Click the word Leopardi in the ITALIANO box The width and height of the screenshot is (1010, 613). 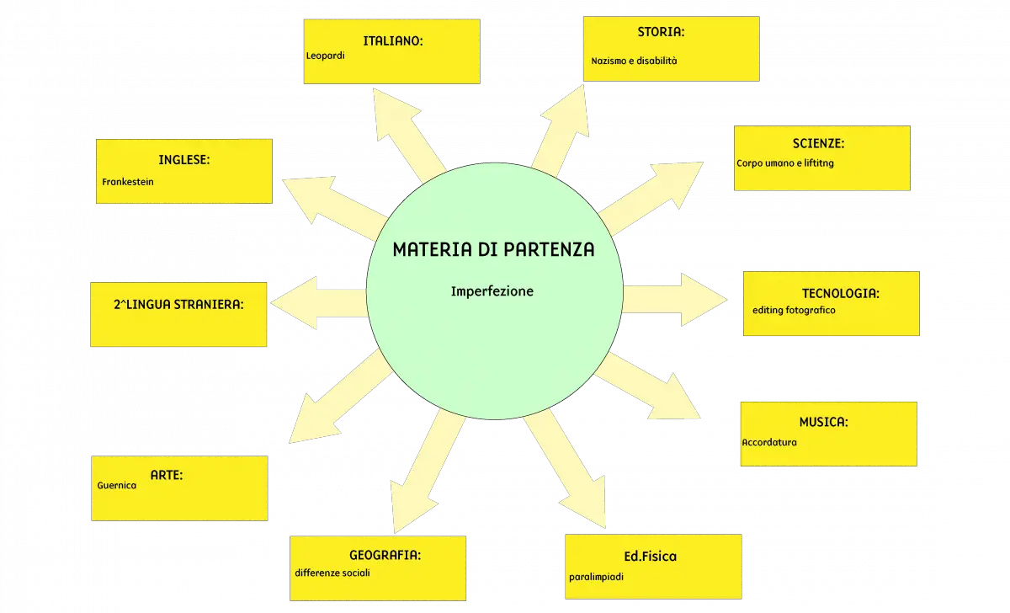click(x=325, y=56)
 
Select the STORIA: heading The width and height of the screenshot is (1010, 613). click(x=661, y=32)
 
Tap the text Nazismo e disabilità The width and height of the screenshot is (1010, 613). click(x=634, y=61)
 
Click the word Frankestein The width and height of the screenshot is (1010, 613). click(x=128, y=182)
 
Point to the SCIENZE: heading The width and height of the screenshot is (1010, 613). click(x=818, y=143)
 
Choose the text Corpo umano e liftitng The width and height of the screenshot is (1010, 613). click(x=785, y=163)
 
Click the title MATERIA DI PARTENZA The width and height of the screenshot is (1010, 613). click(x=494, y=249)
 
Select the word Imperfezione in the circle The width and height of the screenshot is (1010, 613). click(x=492, y=291)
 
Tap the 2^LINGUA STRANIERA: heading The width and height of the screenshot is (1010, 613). click(x=178, y=305)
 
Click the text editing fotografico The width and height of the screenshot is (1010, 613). click(x=794, y=311)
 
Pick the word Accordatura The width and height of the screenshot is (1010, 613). click(x=769, y=443)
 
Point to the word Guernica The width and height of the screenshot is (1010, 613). click(x=116, y=485)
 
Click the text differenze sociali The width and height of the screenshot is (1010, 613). click(x=332, y=573)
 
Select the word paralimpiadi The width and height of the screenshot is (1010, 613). click(x=596, y=577)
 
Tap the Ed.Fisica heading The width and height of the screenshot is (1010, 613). click(x=650, y=557)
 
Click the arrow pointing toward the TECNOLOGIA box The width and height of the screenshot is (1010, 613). click(x=675, y=300)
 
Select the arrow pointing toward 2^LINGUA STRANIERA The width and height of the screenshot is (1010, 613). click(x=319, y=302)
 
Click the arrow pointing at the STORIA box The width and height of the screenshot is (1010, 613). click(x=560, y=131)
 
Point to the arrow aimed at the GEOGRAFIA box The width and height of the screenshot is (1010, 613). click(x=428, y=472)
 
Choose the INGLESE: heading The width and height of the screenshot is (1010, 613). click(x=184, y=160)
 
